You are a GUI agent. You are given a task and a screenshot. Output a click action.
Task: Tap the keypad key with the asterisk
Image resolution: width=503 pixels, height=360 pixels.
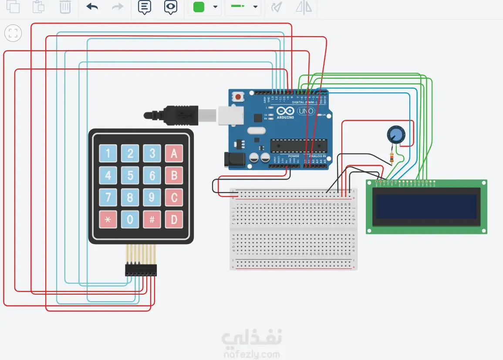coord(108,220)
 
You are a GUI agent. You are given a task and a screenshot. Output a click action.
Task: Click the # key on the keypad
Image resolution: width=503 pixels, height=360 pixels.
coord(152,220)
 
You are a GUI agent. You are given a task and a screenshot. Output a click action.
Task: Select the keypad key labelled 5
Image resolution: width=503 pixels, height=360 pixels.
coord(130,176)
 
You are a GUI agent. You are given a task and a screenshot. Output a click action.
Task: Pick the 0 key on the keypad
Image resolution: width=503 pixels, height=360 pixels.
coord(130,220)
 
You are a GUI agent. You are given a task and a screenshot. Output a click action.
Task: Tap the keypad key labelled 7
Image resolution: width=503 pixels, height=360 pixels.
coord(108,198)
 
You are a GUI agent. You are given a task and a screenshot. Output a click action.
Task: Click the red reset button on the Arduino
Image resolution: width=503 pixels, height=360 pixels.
coord(238,96)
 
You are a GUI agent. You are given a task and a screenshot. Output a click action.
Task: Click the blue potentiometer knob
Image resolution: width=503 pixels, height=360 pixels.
coord(396,135)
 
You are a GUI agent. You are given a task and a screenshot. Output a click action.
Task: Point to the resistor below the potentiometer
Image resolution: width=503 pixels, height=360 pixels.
coord(393,158)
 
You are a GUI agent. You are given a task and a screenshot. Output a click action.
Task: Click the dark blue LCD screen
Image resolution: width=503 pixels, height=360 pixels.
coord(426,206)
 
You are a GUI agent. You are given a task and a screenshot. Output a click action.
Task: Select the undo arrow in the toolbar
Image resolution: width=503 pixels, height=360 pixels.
coord(92,7)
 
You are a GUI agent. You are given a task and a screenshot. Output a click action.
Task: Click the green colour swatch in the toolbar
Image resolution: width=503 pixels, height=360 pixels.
coord(199,7)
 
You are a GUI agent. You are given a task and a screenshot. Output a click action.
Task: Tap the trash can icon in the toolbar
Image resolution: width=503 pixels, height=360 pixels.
coord(65,7)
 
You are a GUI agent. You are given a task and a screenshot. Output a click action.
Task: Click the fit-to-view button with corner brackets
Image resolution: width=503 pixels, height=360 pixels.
coord(13,34)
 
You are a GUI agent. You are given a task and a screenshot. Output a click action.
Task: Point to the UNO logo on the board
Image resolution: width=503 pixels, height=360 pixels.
coord(306,112)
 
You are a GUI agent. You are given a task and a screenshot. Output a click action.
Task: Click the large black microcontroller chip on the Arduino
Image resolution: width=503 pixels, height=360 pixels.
coord(298,146)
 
